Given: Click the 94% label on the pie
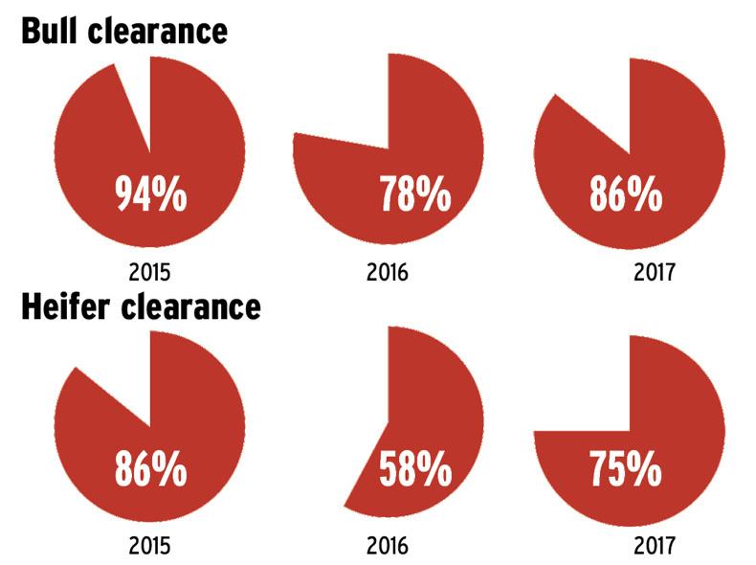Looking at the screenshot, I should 149,195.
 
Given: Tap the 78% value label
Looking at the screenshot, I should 414,195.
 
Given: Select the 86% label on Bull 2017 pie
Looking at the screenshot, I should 625,195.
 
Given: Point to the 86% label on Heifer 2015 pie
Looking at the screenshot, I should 149,471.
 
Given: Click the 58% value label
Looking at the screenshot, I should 414,471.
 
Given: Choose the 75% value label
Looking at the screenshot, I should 625,471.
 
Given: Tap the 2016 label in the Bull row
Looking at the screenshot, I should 387,272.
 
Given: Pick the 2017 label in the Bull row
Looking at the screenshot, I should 655,272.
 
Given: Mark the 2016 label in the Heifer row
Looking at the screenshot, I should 387,547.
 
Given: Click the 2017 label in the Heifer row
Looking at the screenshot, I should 655,547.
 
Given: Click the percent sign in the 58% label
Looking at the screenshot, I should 434,471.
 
